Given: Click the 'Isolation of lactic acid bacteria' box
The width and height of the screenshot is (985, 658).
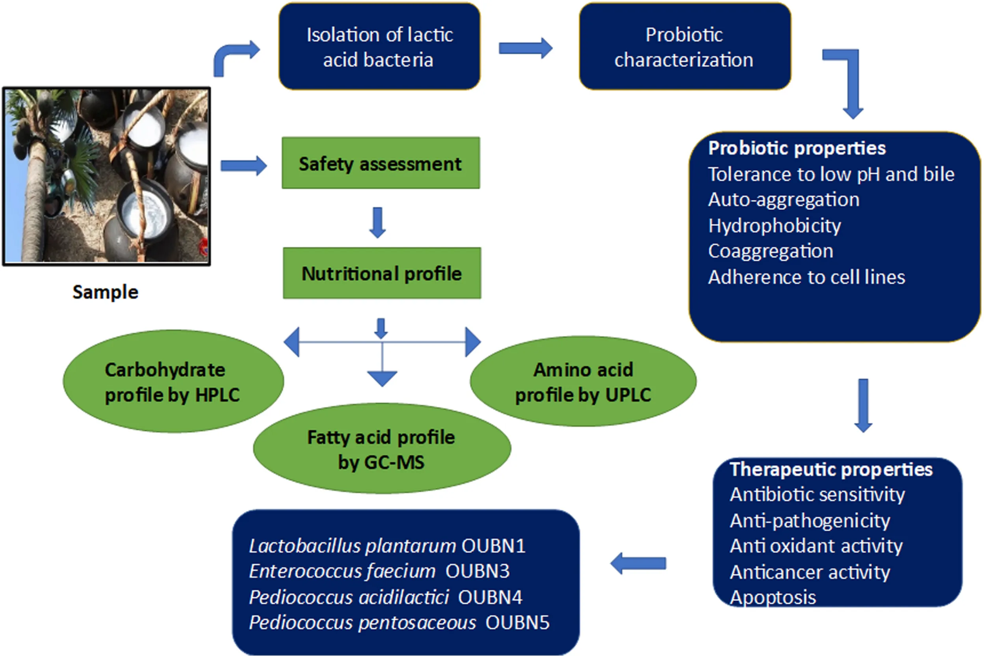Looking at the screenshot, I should pos(379,47).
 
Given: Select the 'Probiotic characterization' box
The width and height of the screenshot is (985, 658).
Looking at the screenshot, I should pos(685,47).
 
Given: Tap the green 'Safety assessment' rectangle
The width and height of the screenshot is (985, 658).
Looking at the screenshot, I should pos(380,163).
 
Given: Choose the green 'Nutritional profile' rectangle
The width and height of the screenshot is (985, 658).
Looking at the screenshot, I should pos(381,273).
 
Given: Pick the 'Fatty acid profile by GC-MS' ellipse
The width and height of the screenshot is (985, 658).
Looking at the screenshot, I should pos(381,449).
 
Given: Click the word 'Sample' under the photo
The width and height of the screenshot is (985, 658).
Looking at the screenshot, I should pos(105,292).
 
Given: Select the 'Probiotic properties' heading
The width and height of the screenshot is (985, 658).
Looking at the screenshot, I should pos(797,148).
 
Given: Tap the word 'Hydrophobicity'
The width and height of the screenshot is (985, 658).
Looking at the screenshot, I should pos(775,226).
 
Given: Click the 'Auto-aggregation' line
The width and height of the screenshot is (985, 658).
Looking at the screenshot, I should pos(784,200).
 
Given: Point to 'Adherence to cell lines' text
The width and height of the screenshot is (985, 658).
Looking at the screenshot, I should pos(807,278).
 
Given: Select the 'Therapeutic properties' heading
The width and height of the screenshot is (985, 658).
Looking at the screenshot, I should pos(831,469).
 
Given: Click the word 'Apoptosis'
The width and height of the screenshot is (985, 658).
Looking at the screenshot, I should pos(773,597).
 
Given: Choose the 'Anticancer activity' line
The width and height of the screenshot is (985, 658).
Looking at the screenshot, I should pos(810,572).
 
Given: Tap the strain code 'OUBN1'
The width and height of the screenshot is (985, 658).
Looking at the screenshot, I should pos(493,546).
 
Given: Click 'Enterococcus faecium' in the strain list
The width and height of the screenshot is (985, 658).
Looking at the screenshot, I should pos(342,571).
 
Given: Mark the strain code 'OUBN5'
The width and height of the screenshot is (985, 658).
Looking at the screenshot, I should pos(517,623).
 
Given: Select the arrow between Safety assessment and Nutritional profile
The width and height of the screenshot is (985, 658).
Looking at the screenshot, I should pos(378,222).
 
